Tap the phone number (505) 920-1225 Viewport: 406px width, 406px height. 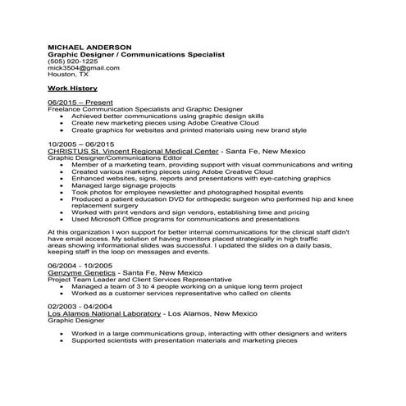pos(73,61)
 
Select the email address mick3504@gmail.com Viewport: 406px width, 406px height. pos(84,67)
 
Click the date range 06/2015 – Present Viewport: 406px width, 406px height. pos(80,103)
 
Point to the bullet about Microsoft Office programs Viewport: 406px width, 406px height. pos(186,219)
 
